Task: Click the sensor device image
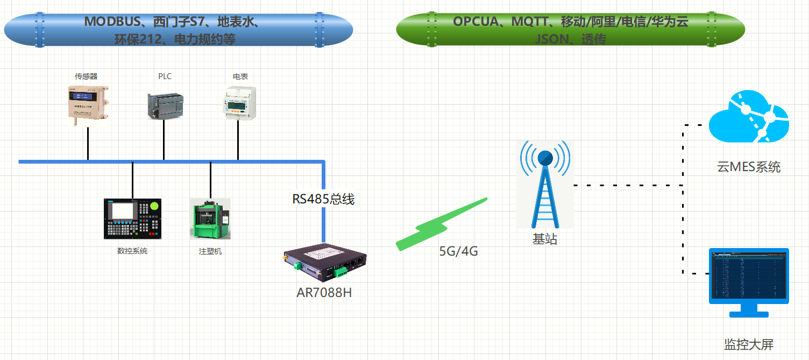(88, 103)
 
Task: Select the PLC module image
(165, 105)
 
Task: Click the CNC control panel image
(133, 219)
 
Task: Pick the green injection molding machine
(210, 219)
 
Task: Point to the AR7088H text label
(324, 293)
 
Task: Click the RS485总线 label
(323, 199)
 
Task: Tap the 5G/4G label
(458, 251)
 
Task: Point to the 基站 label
(545, 239)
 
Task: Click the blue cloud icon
(748, 117)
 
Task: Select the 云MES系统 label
(748, 167)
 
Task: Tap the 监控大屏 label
(748, 344)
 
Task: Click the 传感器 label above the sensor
(86, 76)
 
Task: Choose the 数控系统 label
(132, 251)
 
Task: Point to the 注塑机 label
(210, 251)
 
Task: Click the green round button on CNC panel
(154, 206)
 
